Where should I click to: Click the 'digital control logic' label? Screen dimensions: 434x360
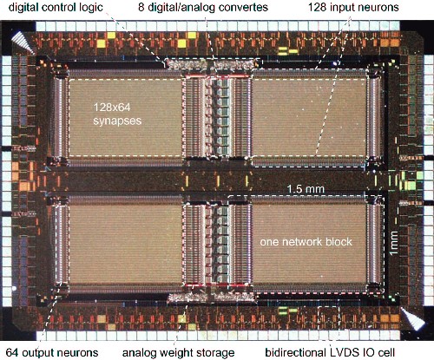(x=56, y=8)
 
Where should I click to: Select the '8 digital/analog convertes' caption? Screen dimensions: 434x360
(x=203, y=8)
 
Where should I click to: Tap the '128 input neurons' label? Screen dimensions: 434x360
(x=353, y=8)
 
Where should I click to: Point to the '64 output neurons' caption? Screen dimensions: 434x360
(x=52, y=353)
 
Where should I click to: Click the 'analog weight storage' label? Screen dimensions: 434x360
(x=178, y=353)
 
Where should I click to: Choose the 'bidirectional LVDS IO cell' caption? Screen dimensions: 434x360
(x=330, y=353)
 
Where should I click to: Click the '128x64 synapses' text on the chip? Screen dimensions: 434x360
(x=117, y=114)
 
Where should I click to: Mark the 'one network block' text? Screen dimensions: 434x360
(x=306, y=242)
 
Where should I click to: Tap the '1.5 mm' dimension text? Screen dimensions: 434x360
(x=306, y=189)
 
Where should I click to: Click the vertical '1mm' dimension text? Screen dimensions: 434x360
(x=394, y=243)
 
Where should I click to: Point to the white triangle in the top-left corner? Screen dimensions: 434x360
(x=23, y=42)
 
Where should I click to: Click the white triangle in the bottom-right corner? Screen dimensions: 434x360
(x=411, y=318)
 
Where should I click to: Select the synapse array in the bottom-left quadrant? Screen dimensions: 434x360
(x=125, y=245)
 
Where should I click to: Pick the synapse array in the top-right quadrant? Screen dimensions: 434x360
(x=309, y=118)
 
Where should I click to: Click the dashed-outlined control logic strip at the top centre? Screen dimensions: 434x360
(x=212, y=63)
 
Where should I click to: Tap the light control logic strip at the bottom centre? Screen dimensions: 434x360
(x=211, y=298)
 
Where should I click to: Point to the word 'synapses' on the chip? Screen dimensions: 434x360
(x=117, y=121)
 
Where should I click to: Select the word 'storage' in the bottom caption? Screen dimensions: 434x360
(x=215, y=353)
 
